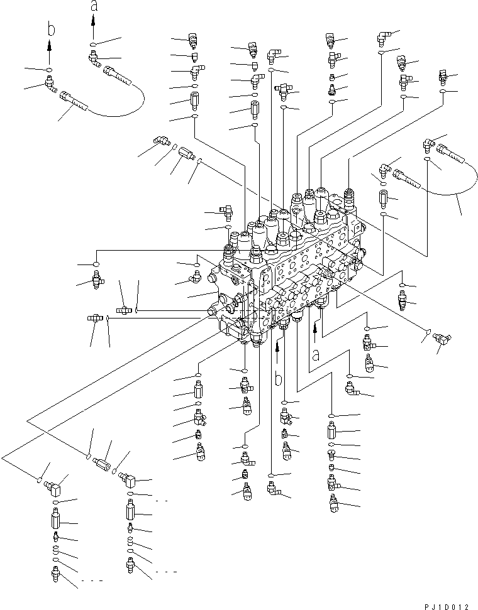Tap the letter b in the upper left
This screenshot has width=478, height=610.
point(49,31)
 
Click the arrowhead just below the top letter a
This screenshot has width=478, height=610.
point(93,20)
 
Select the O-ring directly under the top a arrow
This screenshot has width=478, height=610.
point(93,45)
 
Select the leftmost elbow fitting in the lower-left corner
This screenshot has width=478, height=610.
point(47,487)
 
